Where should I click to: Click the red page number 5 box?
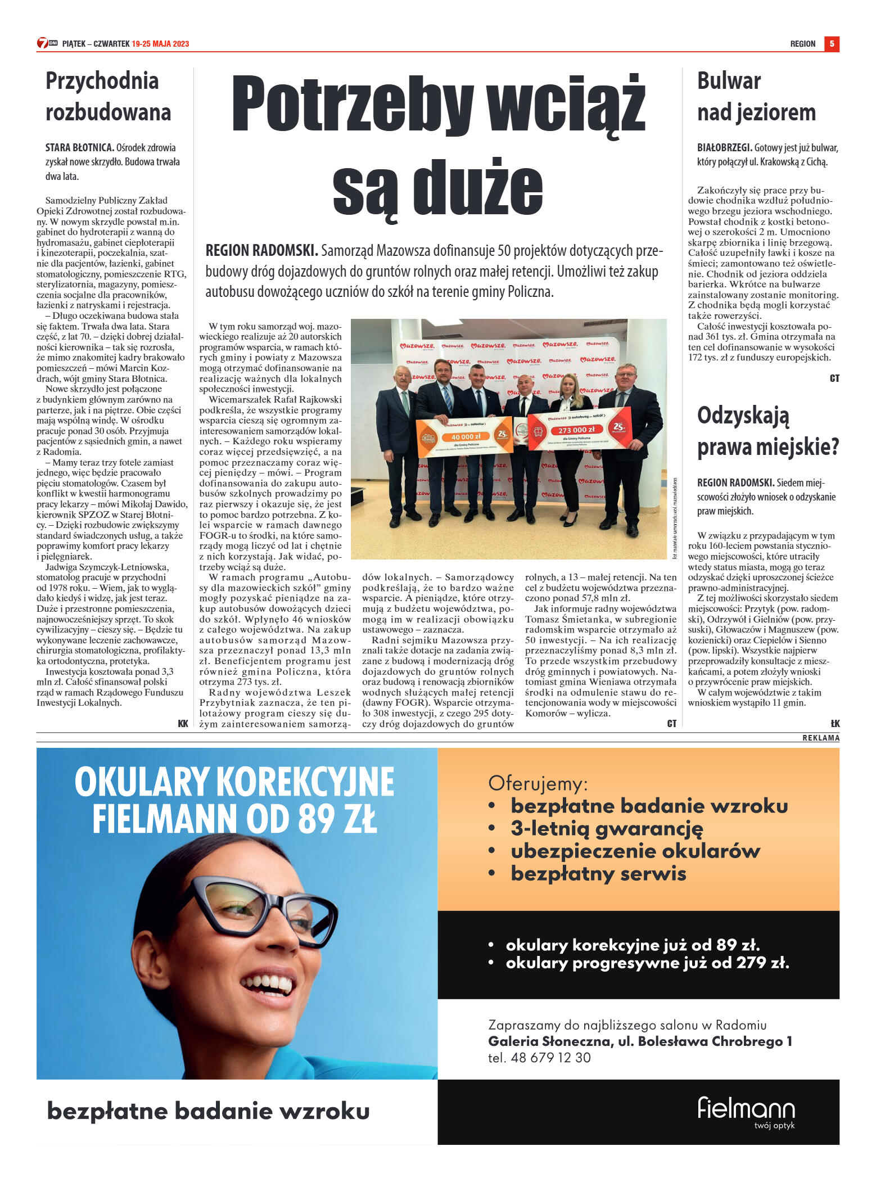831,44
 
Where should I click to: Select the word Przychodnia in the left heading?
102,81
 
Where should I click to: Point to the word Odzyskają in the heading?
743,416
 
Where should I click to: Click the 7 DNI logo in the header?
47,43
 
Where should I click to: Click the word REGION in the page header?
802,44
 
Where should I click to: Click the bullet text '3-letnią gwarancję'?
606,829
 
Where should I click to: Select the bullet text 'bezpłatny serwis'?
598,874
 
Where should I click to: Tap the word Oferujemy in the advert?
538,783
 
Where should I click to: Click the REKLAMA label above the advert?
820,738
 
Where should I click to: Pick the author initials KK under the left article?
183,724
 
